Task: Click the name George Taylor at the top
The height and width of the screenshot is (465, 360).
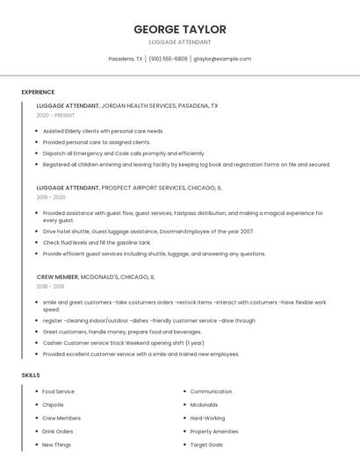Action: (x=180, y=29)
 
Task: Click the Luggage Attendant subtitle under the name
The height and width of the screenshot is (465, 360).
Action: (x=180, y=41)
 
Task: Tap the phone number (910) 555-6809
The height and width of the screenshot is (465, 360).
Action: (x=168, y=59)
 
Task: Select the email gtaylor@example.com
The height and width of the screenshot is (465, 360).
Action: (x=222, y=59)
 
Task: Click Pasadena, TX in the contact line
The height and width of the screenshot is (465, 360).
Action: (x=126, y=59)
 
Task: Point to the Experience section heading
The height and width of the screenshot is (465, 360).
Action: (x=38, y=92)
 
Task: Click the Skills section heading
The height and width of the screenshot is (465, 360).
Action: (x=31, y=376)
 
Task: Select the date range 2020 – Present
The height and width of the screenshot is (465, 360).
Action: (x=55, y=115)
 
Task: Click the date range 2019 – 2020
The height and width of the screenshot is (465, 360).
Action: (x=51, y=197)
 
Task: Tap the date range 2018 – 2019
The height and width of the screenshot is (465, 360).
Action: (x=50, y=286)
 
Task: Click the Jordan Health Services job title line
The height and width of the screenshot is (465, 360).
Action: (x=127, y=105)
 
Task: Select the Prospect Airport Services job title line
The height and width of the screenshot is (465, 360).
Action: (x=129, y=188)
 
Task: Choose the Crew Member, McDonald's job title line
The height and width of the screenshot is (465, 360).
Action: (x=96, y=276)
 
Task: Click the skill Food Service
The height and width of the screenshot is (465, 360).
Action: (x=59, y=391)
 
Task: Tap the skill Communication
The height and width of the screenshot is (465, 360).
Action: (x=211, y=391)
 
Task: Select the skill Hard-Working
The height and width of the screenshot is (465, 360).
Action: (x=207, y=418)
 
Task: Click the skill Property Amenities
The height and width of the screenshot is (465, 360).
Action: (x=213, y=432)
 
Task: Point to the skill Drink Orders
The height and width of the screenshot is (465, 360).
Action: (x=58, y=432)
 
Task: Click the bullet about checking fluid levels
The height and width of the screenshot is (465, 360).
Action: (x=97, y=242)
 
